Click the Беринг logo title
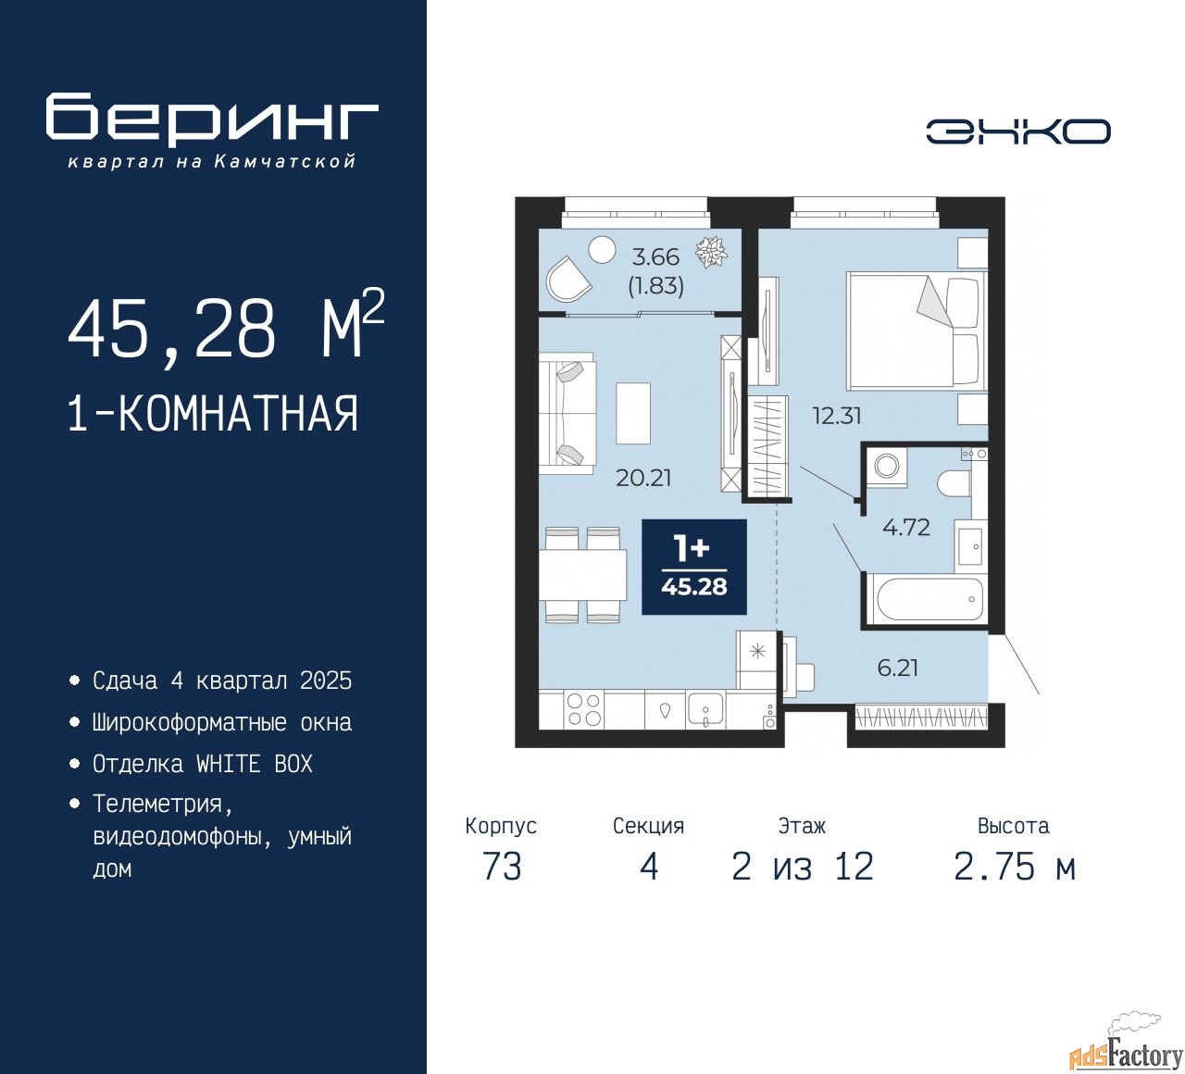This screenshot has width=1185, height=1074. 211,120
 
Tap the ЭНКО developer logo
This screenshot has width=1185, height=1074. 1017,131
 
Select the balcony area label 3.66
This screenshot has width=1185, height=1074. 655,257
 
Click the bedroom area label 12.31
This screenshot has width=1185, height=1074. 837,417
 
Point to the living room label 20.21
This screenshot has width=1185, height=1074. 643,478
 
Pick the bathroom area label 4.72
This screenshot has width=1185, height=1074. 906,527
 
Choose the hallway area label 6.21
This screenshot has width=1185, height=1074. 897,668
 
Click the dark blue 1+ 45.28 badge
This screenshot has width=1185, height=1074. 694,567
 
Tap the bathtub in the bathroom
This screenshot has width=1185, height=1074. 926,598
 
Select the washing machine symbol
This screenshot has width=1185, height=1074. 887,467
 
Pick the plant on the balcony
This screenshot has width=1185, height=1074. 711,253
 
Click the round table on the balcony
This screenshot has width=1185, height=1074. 602,250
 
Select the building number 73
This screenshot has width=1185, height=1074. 502,868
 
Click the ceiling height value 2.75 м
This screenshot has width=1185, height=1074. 1015,868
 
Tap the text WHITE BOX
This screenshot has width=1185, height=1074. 254,764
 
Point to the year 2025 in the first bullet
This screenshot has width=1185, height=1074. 326,681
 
